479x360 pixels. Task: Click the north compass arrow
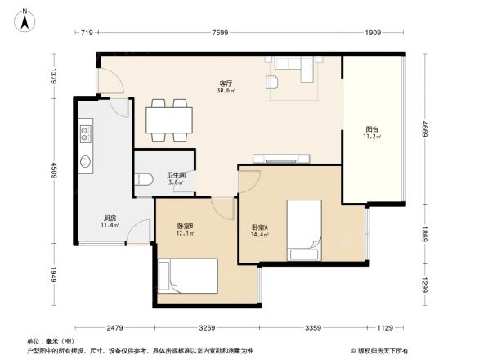(25, 17)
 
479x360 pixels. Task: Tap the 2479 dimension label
(114, 329)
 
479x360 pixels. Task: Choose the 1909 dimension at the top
(373, 34)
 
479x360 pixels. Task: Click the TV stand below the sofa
(290, 158)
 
